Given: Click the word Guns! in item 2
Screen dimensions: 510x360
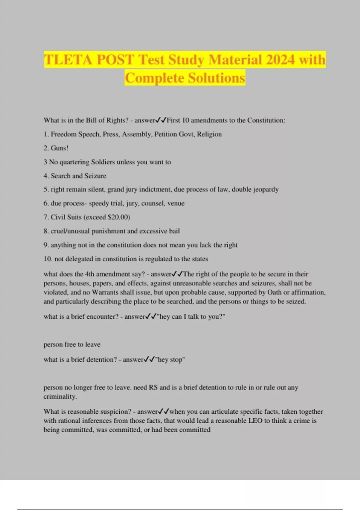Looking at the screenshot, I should [59, 148].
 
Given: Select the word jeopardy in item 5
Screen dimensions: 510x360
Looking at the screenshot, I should [265, 190].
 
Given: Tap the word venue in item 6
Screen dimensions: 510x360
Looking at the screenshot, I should [176, 203].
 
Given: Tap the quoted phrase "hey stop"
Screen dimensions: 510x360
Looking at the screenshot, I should [170, 360].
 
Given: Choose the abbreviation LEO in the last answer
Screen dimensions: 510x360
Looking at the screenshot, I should [255, 421].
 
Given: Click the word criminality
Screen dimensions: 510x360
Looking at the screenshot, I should [60, 397].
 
